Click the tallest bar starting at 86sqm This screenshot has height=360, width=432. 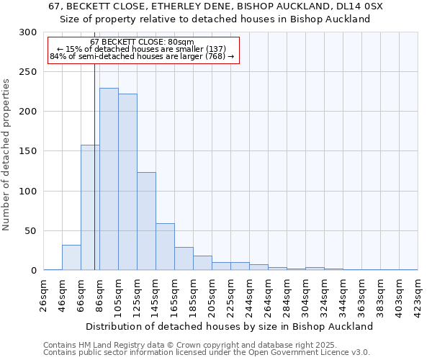(x=109, y=179)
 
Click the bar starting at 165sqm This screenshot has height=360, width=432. (x=184, y=258)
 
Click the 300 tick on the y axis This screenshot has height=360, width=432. (x=28, y=32)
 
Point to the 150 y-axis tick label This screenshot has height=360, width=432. (x=28, y=151)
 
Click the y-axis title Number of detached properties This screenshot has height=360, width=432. (x=6, y=155)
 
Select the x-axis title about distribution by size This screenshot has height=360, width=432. (x=229, y=326)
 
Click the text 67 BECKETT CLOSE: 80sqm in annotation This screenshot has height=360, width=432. (x=143, y=42)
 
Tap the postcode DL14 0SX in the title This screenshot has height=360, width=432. (x=359, y=6)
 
